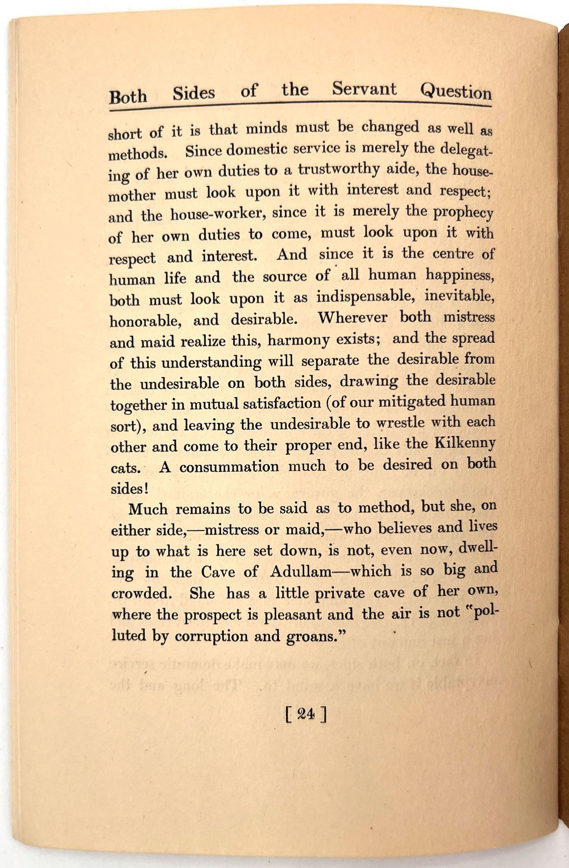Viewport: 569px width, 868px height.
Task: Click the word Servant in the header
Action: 364,89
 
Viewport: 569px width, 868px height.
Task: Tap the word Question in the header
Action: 455,92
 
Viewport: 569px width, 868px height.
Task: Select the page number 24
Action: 306,714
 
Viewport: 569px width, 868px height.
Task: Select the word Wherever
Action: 352,317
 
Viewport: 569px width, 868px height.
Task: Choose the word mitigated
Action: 411,402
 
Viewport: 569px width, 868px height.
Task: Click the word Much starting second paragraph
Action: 148,509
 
